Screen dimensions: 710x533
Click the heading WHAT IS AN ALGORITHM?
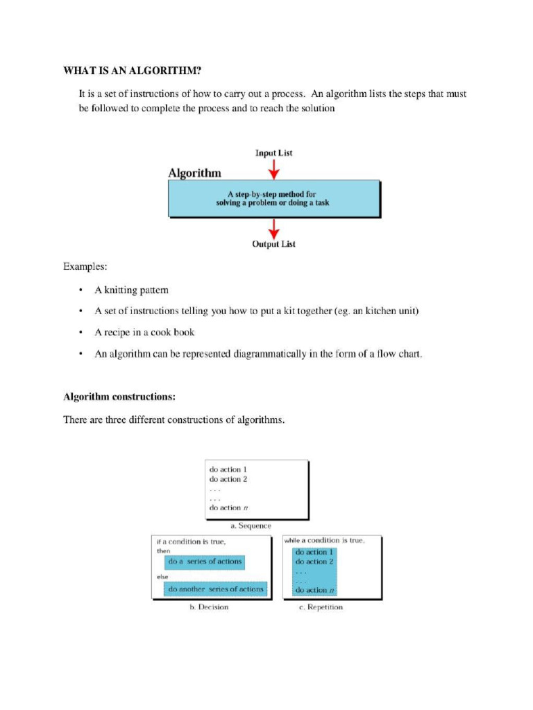pyautogui.click(x=135, y=71)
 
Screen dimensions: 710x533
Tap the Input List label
pyautogui.click(x=273, y=153)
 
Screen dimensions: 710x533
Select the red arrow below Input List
pyautogui.click(x=274, y=168)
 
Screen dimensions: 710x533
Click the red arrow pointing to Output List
pyautogui.click(x=274, y=228)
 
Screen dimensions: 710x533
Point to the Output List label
pyautogui.click(x=273, y=244)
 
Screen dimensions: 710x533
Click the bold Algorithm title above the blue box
pyautogui.click(x=195, y=173)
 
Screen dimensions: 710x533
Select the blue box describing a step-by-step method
pyautogui.click(x=273, y=198)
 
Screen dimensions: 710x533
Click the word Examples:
pyautogui.click(x=85, y=266)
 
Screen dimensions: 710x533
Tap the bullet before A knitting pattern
pyautogui.click(x=81, y=290)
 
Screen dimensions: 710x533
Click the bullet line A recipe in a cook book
pyautogui.click(x=144, y=332)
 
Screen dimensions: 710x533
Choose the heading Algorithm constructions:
pyautogui.click(x=119, y=397)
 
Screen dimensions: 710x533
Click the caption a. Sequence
pyautogui.click(x=251, y=526)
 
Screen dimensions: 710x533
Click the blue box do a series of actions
pyautogui.click(x=204, y=562)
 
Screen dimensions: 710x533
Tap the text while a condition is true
pyautogui.click(x=324, y=540)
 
